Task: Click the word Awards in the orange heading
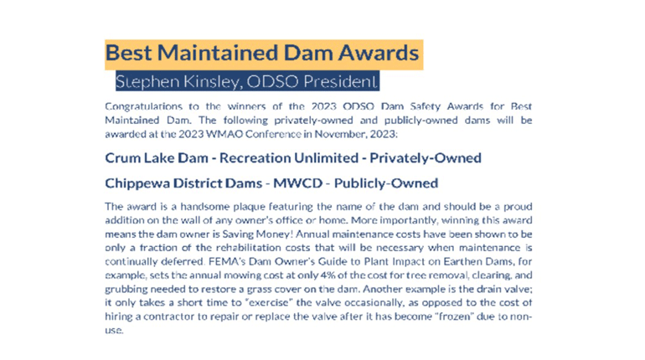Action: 379,53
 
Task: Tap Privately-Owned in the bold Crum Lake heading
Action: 426,157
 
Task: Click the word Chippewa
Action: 137,183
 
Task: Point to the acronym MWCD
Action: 298,183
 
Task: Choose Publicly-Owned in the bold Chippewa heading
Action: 386,183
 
